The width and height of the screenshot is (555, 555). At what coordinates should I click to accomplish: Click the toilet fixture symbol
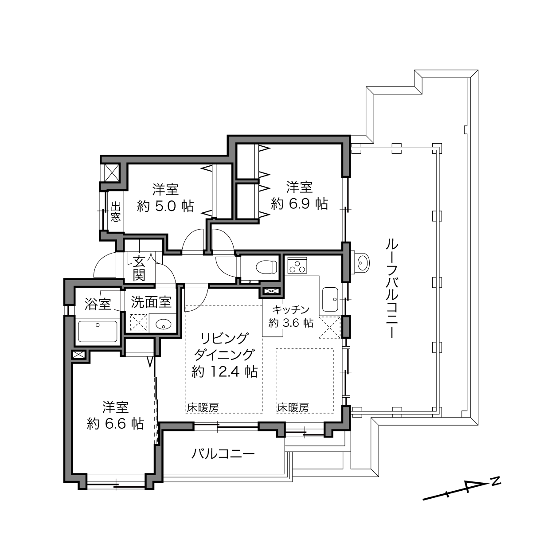click(266, 267)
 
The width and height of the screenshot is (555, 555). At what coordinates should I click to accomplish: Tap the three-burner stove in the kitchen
click(297, 265)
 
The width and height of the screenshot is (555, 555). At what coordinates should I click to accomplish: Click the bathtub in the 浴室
click(98, 331)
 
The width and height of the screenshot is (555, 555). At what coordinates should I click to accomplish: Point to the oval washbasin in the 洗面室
click(163, 325)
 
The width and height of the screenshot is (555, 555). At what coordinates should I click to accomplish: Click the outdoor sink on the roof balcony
click(361, 263)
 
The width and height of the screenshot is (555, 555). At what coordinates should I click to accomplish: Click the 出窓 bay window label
click(116, 212)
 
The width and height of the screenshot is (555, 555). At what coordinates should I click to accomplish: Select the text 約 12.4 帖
click(225, 372)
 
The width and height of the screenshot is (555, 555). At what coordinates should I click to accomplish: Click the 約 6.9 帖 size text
click(299, 204)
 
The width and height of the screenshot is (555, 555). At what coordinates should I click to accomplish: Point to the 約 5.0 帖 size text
click(166, 206)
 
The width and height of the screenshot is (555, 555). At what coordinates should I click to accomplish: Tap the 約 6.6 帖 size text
click(116, 424)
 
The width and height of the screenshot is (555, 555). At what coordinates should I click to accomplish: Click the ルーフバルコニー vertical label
click(391, 288)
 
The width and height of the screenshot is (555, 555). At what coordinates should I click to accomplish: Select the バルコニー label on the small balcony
click(223, 454)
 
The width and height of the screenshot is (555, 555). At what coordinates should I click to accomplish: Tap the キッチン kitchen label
click(291, 309)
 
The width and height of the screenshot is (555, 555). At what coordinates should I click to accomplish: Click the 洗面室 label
click(151, 302)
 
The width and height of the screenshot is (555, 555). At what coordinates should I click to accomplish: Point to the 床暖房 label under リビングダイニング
click(203, 407)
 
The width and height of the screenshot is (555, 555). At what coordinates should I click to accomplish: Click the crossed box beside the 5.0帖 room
click(112, 172)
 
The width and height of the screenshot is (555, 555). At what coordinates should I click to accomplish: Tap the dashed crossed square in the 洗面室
click(139, 323)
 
